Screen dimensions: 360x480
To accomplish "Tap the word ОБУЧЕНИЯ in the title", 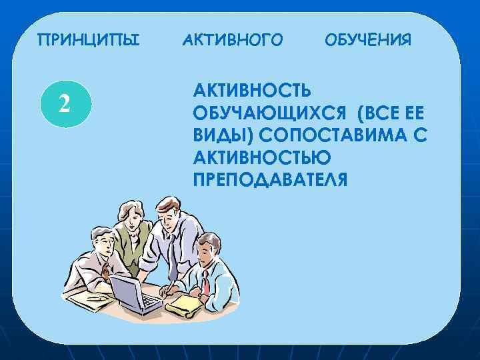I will point(368,41).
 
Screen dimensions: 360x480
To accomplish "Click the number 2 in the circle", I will point(64,103).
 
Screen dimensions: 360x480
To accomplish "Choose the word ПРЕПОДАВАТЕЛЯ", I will point(270,180).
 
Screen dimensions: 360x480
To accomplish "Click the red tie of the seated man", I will point(206,283).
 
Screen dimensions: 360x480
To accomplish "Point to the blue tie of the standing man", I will point(171,257).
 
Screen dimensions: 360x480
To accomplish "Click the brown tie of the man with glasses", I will point(105,271).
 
